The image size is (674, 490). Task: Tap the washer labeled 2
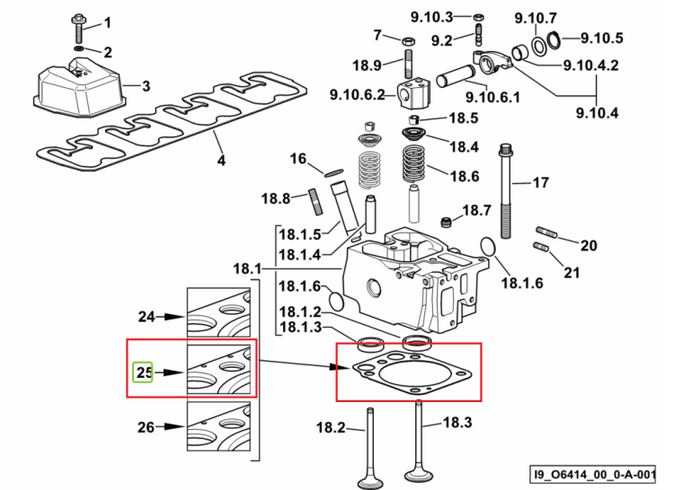tap(80, 48)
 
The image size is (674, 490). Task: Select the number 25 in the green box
tap(144, 372)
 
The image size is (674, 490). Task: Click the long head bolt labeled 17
tap(506, 191)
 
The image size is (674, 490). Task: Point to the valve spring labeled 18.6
tap(413, 164)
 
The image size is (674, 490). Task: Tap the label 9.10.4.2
tap(590, 66)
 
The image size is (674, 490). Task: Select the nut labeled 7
tap(408, 41)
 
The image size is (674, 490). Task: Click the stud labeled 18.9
tap(409, 64)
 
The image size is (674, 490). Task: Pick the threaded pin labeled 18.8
tap(316, 202)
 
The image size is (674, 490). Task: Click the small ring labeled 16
tap(333, 172)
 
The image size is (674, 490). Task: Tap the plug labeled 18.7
tap(447, 223)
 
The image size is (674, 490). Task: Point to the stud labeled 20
tap(546, 232)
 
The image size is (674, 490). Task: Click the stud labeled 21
tap(541, 248)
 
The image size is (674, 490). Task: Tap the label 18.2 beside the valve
tap(331, 427)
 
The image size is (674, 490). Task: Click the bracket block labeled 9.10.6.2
tap(413, 92)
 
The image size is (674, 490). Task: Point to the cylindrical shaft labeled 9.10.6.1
tap(455, 75)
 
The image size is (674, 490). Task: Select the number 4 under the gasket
tap(221, 161)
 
